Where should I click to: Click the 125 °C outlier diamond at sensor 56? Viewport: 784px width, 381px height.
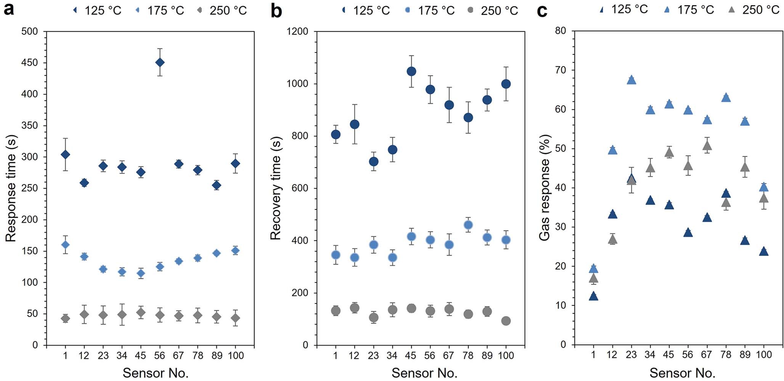pos(160,62)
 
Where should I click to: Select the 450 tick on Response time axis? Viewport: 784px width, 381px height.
pos(29,63)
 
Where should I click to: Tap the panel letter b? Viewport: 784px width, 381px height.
pos(276,11)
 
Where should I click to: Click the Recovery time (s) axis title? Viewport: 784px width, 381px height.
pos(275,188)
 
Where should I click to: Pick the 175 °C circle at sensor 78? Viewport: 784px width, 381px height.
pos(468,225)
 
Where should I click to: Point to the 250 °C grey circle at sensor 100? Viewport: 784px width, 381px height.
pos(506,321)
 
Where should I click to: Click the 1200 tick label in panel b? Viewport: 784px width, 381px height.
pos(297,31)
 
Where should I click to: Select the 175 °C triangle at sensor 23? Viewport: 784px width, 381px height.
pos(631,80)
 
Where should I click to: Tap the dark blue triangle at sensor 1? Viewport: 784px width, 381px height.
pos(593,296)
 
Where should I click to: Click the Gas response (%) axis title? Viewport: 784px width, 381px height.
pos(545,188)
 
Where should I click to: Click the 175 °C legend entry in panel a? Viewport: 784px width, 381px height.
pos(160,10)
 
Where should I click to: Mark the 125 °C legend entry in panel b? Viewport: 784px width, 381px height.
pos(366,10)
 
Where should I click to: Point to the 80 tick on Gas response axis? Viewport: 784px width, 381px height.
pos(560,31)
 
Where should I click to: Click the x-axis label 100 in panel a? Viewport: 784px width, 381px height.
pos(236,355)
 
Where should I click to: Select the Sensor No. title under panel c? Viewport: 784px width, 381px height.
pos(682,373)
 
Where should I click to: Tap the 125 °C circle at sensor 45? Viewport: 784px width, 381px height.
pos(411,71)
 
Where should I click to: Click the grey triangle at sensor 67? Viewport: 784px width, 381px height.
pos(707,146)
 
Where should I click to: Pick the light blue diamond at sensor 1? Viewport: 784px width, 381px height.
pos(65,244)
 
